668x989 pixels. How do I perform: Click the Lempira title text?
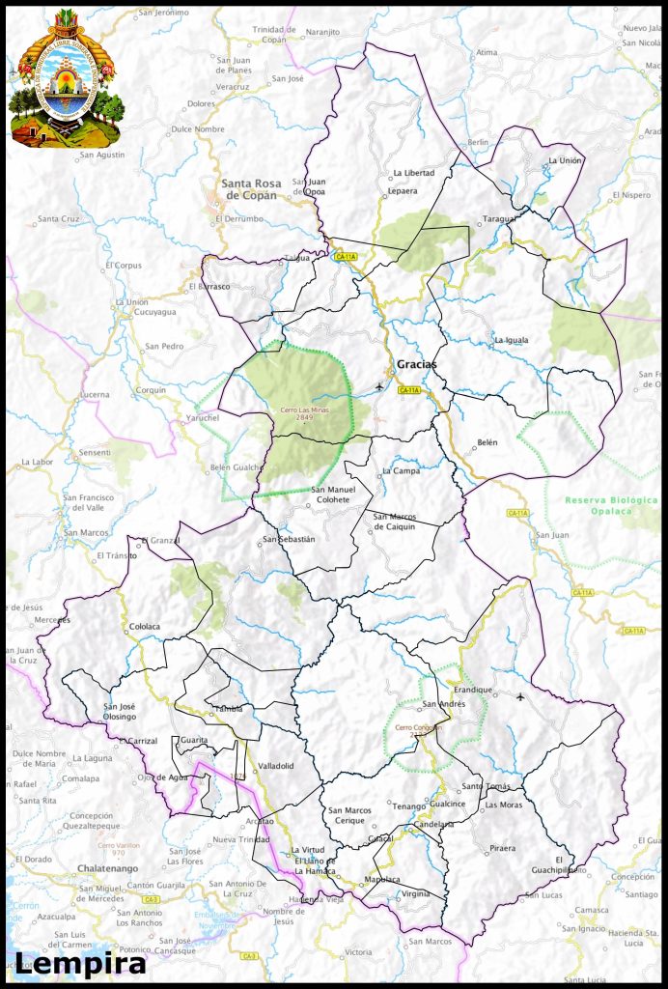(x=80, y=962)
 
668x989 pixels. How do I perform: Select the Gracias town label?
(x=416, y=364)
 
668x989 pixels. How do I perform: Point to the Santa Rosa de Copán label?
(x=249, y=189)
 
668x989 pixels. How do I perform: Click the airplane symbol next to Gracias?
(x=377, y=387)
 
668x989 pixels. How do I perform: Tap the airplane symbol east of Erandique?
(x=521, y=696)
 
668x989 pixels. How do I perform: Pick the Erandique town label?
(x=473, y=690)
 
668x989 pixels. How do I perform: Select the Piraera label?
(x=503, y=848)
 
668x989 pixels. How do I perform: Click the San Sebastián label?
(x=290, y=539)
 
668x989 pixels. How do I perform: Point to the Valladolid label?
(x=275, y=766)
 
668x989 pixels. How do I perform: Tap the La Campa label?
(x=401, y=471)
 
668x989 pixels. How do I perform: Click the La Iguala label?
(x=512, y=340)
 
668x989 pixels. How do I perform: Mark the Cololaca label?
(x=144, y=627)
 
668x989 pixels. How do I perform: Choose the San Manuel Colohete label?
(x=333, y=494)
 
